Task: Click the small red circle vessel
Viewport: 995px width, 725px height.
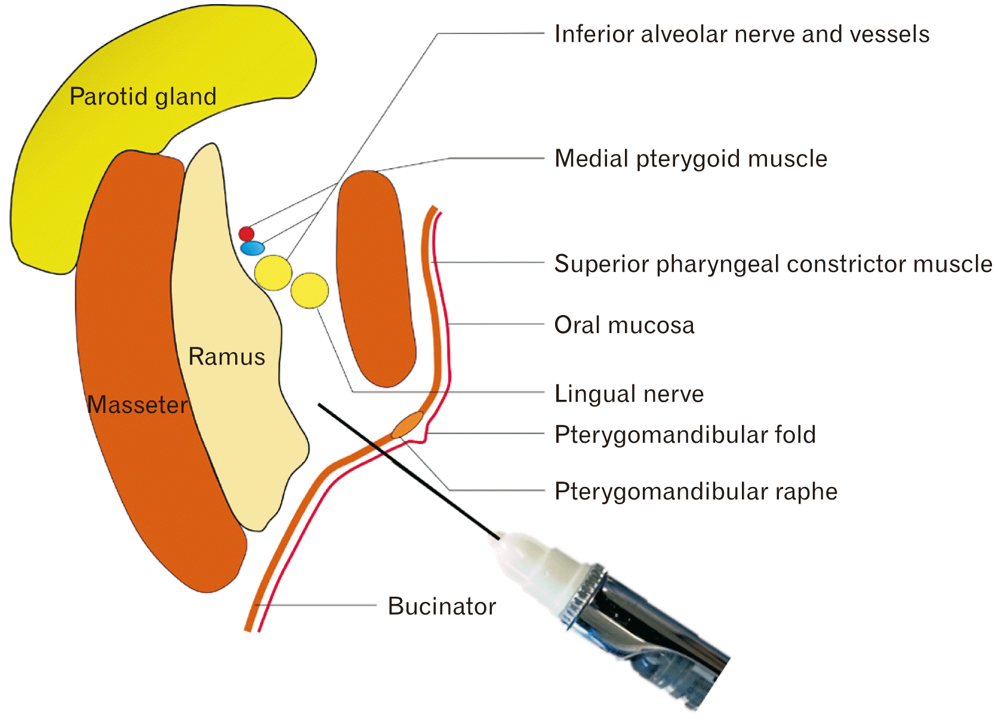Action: pyautogui.click(x=247, y=233)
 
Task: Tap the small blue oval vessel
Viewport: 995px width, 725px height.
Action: pyautogui.click(x=252, y=248)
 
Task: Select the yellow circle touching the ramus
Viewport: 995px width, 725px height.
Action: pyautogui.click(x=273, y=273)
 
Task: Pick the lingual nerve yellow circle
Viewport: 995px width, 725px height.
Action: pyautogui.click(x=310, y=291)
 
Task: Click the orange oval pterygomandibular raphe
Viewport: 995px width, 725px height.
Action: pyautogui.click(x=408, y=424)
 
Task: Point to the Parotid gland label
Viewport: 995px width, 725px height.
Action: pyautogui.click(x=143, y=97)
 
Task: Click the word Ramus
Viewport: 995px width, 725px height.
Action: pyautogui.click(x=227, y=357)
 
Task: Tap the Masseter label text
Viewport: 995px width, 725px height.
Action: pyautogui.click(x=137, y=405)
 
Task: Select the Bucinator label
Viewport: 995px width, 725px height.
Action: pyautogui.click(x=442, y=606)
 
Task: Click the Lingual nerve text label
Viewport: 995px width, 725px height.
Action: pyautogui.click(x=629, y=394)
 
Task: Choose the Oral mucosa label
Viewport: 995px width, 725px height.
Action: pyautogui.click(x=624, y=325)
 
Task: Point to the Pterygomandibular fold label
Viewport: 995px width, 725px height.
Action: pyautogui.click(x=685, y=434)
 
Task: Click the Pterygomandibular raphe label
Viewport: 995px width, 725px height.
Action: pyautogui.click(x=696, y=491)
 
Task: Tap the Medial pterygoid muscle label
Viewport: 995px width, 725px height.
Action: pyautogui.click(x=691, y=159)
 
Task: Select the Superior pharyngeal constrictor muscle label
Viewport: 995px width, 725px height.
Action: pyautogui.click(x=773, y=264)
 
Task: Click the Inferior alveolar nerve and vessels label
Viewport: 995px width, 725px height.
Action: pyautogui.click(x=741, y=34)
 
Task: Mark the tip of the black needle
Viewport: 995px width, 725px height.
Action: pyautogui.click(x=319, y=405)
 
